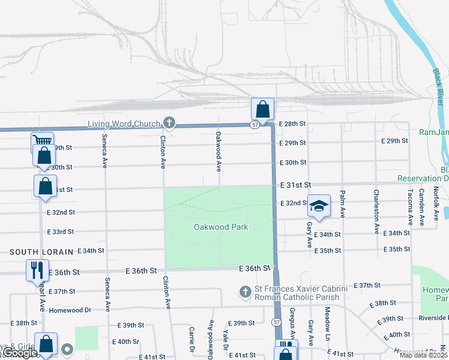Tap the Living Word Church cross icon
169,124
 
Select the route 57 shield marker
255,124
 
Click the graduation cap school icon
319,205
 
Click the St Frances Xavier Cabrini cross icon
244,292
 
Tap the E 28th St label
293,123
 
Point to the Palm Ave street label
342,204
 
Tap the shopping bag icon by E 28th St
262,109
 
